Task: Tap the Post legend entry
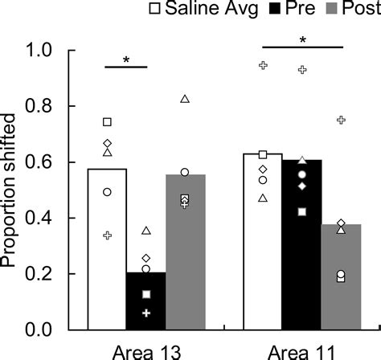point(346,9)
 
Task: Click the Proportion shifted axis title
point(14,190)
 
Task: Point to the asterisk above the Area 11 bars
point(302,40)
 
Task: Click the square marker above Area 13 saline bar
point(107,122)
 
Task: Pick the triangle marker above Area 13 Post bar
point(185,99)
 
